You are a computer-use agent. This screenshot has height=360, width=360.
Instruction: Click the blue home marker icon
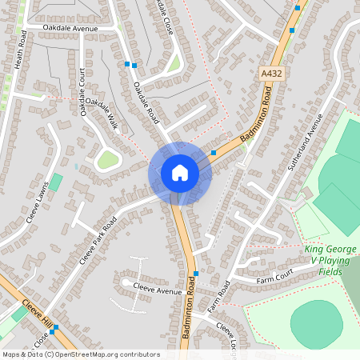click(x=180, y=173)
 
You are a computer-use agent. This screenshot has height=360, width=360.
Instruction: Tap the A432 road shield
click(x=272, y=74)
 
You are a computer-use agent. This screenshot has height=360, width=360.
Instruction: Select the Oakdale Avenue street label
click(x=70, y=29)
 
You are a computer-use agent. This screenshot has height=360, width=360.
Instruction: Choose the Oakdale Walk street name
click(x=102, y=115)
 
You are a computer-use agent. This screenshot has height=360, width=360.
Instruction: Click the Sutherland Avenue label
click(x=303, y=145)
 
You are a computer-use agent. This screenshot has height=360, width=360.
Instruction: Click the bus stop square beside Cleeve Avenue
click(x=195, y=274)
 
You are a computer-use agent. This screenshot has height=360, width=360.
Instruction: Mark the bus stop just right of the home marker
click(x=214, y=152)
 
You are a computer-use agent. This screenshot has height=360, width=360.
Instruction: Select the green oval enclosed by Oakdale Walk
click(x=108, y=160)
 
